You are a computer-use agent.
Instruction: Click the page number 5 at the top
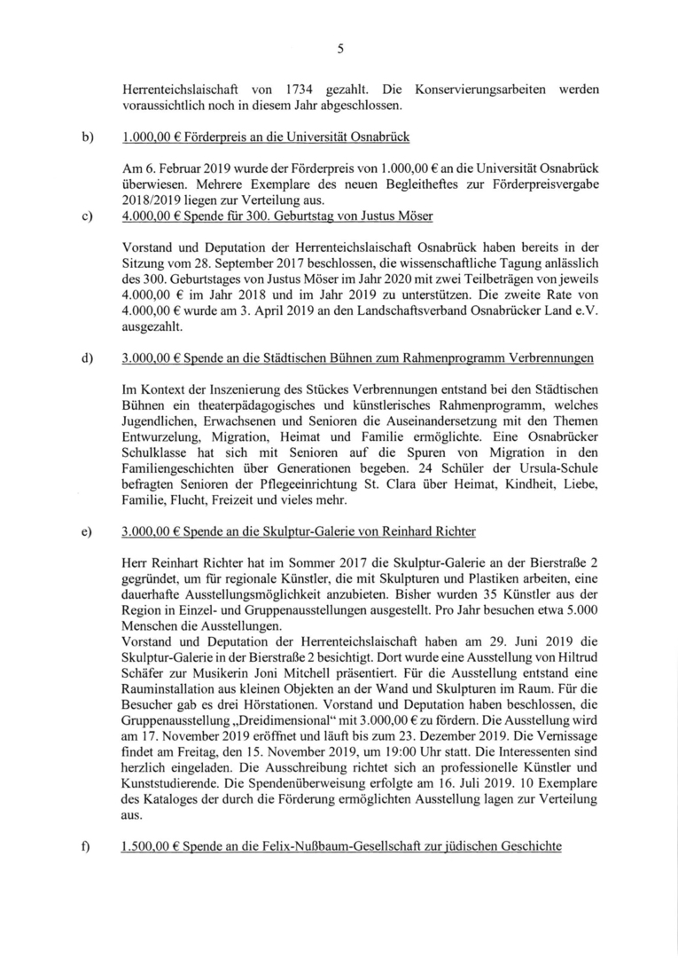click(339, 50)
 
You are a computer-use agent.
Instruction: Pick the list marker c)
click(87, 217)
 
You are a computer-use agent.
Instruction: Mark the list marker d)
click(88, 358)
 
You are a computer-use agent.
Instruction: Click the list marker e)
click(87, 531)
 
